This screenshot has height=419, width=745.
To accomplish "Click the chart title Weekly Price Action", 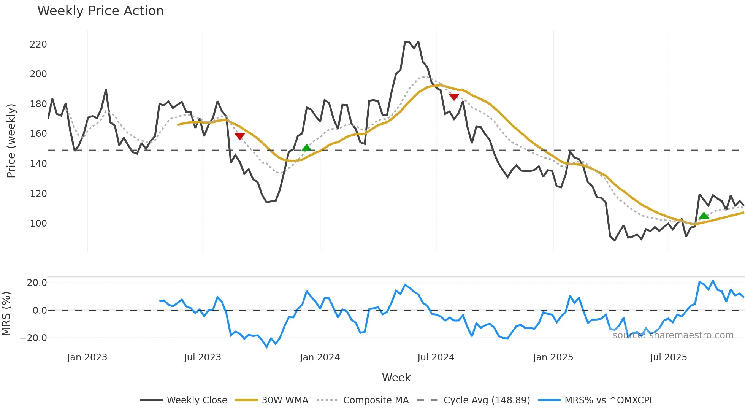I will coord(100,11).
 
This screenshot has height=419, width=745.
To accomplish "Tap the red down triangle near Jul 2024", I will coord(454,97).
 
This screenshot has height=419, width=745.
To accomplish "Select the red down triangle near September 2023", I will coord(239,136).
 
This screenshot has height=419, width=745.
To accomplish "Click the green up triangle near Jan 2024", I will coord(306,148).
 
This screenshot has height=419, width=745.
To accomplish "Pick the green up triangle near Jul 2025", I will coord(704,216).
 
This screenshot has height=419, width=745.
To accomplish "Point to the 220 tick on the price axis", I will coord(38,44).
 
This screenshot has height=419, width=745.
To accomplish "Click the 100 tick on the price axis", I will coord(38,224).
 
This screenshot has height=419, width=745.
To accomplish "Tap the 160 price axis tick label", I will coord(38,134).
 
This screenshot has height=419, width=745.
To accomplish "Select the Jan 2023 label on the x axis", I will coord(87,357).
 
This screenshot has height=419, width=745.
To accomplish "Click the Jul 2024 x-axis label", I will coord(436,357).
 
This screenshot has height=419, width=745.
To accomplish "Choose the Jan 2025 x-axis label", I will coord(553,357).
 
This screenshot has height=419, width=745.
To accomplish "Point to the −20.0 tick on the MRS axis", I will coord(33,338).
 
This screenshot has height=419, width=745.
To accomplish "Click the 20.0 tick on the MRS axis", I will coord(37,283).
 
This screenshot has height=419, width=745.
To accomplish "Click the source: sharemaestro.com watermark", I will coord(673,335).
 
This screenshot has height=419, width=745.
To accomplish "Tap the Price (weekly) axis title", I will coord(11,141).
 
